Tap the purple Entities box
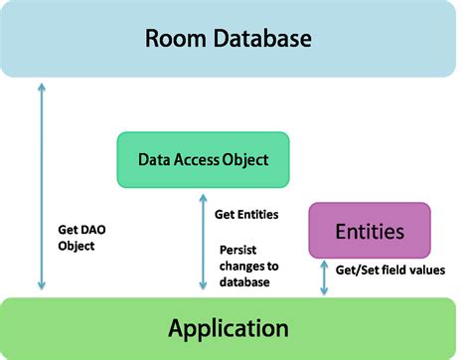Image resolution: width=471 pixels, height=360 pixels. coord(370,231)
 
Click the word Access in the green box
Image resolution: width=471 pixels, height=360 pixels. coord(204,159)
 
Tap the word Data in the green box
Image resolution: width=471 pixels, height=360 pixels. coord(157,159)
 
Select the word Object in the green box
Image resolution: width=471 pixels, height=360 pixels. coord(248,159)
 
